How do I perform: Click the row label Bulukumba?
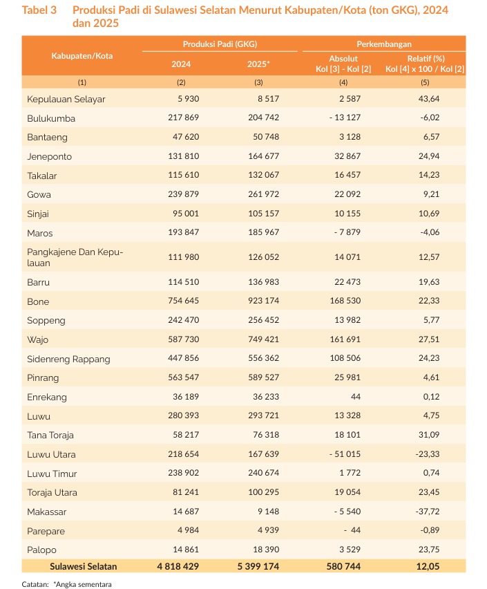click(x=51, y=118)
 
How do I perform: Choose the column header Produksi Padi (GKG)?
click(x=220, y=44)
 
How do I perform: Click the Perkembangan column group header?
click(x=383, y=44)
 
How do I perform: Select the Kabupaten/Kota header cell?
click(x=82, y=55)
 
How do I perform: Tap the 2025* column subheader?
click(x=258, y=64)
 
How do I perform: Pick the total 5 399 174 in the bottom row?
click(x=258, y=566)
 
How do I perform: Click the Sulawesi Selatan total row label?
click(x=83, y=566)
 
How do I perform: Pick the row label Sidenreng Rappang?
click(x=68, y=359)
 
